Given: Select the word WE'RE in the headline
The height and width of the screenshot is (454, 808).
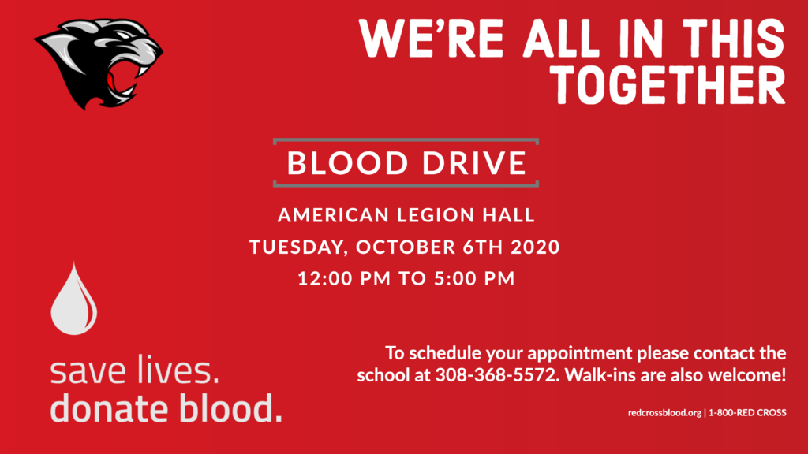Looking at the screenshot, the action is (x=431, y=38).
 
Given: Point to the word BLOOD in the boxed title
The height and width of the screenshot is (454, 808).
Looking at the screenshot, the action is (x=348, y=163).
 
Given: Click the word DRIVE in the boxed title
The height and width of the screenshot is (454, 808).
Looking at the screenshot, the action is (x=474, y=163).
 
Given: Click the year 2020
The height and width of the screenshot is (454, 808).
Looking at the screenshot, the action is (x=536, y=247).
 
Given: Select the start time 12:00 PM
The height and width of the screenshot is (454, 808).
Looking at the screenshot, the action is (x=344, y=278).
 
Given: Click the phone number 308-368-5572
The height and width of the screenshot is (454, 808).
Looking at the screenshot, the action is (x=497, y=374).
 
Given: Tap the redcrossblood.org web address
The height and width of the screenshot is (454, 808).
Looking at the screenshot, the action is (x=664, y=413).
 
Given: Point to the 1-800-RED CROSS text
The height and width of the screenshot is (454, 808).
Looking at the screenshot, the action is (x=748, y=413).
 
